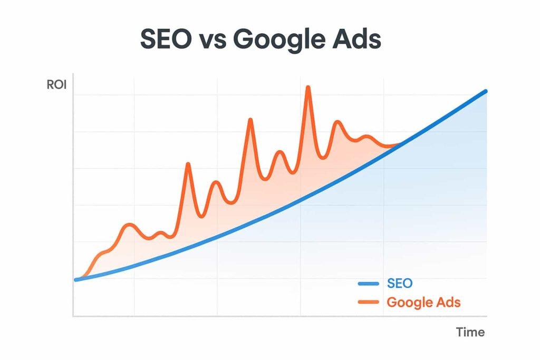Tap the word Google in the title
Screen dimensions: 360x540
(x=279, y=40)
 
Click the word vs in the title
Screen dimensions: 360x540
(x=216, y=41)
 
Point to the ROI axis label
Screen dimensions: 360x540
(x=56, y=85)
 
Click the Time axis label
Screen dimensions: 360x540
(x=470, y=332)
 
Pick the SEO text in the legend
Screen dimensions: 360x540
(x=400, y=284)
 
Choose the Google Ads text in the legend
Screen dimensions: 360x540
(x=423, y=302)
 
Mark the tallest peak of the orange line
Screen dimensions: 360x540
(x=308, y=87)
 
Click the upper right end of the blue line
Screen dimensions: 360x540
(x=485, y=92)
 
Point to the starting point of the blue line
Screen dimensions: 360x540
(x=76, y=279)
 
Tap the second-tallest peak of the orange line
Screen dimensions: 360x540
(x=250, y=120)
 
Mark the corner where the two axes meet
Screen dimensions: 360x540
(x=73, y=316)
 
